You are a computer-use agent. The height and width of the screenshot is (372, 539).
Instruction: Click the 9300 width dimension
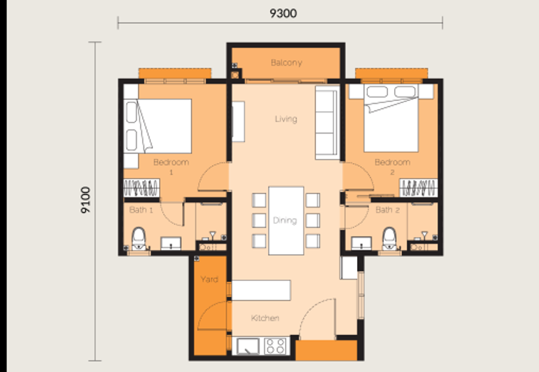(x=283, y=13)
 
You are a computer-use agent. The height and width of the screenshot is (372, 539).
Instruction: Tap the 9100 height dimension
(x=86, y=200)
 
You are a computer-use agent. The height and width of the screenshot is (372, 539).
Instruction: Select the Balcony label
(x=286, y=63)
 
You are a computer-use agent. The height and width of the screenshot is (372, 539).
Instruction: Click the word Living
(x=286, y=119)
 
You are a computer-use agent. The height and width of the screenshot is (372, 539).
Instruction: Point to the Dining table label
(x=284, y=220)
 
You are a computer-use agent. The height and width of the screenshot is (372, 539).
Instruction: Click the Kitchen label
(x=265, y=318)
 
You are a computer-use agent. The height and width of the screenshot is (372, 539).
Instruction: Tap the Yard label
(x=210, y=279)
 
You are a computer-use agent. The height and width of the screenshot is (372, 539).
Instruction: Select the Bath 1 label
(x=141, y=210)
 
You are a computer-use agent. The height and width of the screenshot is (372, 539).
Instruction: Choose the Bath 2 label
(x=387, y=210)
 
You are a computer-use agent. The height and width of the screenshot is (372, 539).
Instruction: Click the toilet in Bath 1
(x=139, y=238)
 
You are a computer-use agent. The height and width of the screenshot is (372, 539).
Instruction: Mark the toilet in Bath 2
(x=389, y=238)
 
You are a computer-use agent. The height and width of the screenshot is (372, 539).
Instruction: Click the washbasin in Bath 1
(x=171, y=243)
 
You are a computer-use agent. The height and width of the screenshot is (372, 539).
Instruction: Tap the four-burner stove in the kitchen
(x=276, y=346)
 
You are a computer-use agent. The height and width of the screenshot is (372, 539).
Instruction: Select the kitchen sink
(x=248, y=346)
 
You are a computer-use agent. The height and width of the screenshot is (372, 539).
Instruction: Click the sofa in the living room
(x=327, y=123)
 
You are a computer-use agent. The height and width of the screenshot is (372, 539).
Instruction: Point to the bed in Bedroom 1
(x=158, y=126)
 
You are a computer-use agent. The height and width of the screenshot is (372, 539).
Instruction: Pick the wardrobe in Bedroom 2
(x=418, y=188)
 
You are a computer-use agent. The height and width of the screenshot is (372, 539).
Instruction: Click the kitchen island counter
(x=261, y=290)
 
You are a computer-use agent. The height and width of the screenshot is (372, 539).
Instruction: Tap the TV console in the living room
(x=238, y=121)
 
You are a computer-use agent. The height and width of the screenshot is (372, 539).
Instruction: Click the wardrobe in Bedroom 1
(x=141, y=188)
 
